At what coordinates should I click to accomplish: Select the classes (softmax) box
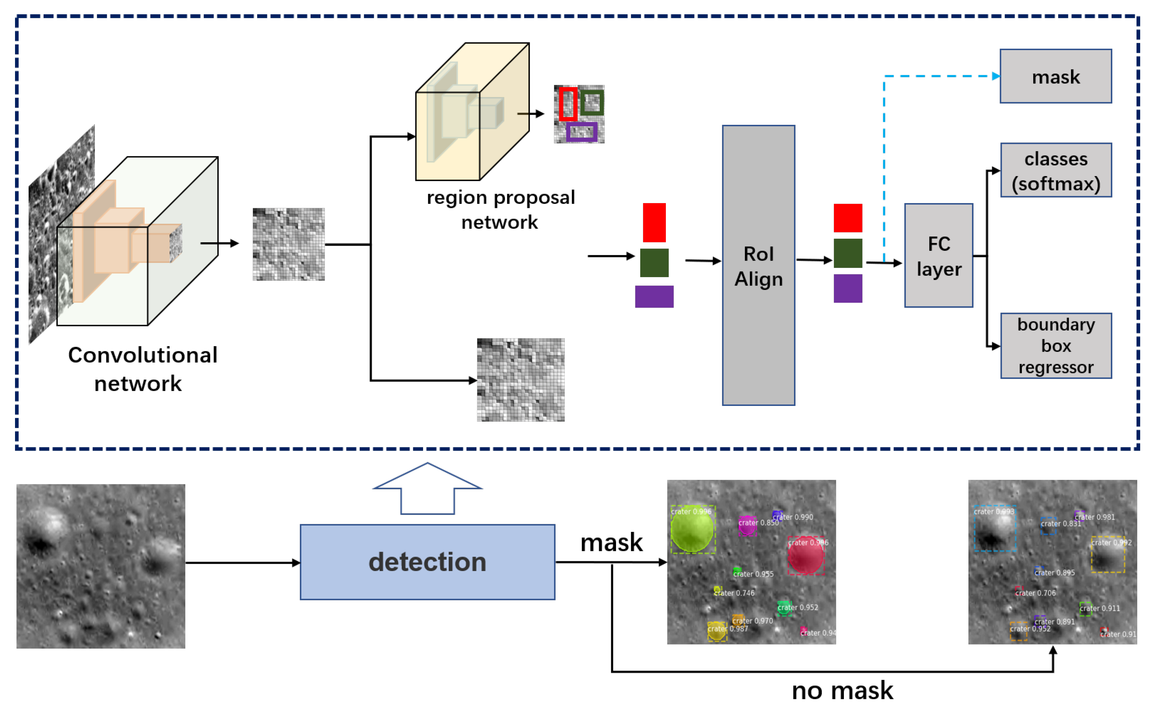1056,170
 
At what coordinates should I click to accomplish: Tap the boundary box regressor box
1056,346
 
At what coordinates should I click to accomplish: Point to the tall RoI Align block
758,265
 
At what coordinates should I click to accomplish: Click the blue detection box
427,562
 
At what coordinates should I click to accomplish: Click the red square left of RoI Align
654,222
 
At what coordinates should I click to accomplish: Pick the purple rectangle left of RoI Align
654,296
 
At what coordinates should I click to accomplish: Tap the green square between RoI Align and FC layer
848,253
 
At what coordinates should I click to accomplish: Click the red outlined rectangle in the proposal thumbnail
568,104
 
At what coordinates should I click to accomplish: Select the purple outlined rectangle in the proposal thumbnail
581,132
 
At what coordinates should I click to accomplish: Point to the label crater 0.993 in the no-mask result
994,512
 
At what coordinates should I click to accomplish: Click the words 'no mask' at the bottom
842,691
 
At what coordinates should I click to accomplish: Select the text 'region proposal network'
500,210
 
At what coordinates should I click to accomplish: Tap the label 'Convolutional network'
142,369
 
